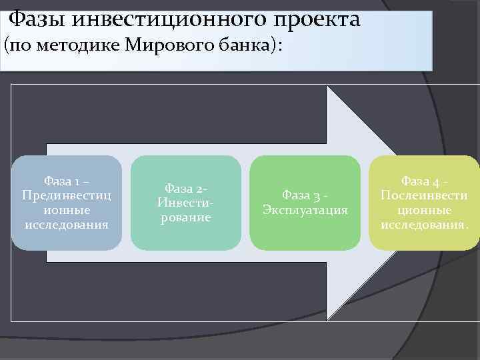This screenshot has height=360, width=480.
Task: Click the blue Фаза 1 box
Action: click(x=67, y=203)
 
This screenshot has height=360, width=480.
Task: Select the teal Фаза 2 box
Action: click(x=185, y=203)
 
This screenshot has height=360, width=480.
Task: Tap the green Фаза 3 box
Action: click(x=305, y=203)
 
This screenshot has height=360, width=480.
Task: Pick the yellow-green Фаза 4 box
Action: click(x=425, y=203)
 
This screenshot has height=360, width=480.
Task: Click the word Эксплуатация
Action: click(x=305, y=210)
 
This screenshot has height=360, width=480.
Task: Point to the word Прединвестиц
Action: click(x=67, y=195)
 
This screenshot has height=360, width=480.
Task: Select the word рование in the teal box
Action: click(x=185, y=217)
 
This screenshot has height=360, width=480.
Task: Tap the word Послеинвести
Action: click(x=425, y=195)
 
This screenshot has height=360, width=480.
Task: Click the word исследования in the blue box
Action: click(x=67, y=224)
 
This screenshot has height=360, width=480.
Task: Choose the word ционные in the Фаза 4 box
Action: click(x=425, y=210)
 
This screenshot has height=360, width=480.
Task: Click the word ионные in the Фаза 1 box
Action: click(x=67, y=210)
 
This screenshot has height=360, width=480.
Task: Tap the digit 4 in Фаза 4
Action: click(x=437, y=181)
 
